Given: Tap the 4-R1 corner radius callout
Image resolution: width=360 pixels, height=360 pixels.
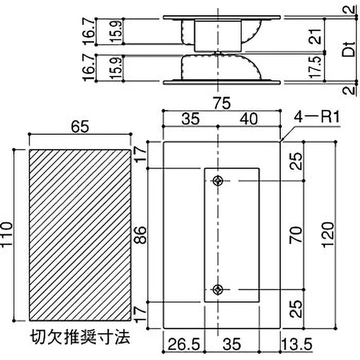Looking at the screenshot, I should point(315,118).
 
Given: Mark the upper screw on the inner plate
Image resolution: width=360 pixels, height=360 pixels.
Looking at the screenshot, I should point(218,181).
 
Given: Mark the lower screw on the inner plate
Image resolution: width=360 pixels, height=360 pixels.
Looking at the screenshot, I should point(218,289).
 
